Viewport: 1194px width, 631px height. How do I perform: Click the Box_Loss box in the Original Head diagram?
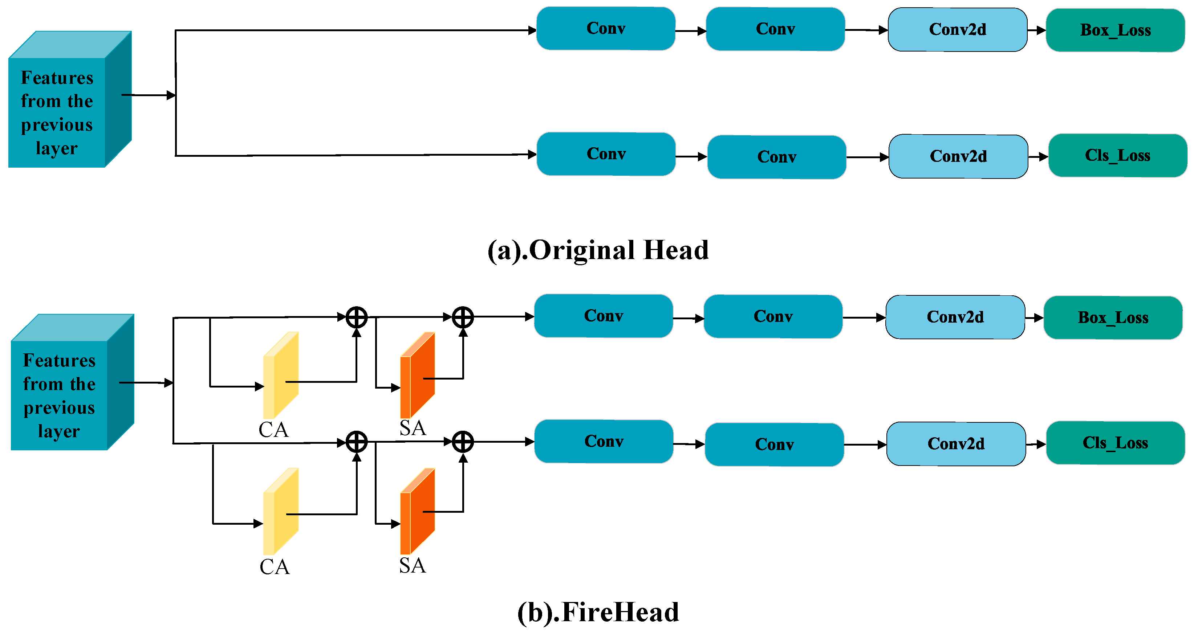(x=1115, y=30)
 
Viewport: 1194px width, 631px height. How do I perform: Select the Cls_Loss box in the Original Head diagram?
(x=1117, y=156)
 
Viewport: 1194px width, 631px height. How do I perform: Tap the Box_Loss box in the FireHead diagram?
(x=1113, y=318)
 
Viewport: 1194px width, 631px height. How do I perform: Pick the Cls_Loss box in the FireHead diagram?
(x=1115, y=443)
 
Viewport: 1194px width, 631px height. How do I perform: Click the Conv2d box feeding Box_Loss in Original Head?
(x=957, y=30)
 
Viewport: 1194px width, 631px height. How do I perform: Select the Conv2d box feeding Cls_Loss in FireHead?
(x=956, y=444)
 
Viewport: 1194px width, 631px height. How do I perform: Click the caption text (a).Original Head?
(x=598, y=250)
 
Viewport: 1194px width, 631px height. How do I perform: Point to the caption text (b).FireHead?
(x=598, y=612)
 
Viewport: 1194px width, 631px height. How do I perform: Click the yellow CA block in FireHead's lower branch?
(x=281, y=512)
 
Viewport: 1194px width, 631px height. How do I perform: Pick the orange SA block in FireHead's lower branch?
(x=417, y=512)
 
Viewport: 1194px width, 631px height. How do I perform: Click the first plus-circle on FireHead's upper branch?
(x=357, y=317)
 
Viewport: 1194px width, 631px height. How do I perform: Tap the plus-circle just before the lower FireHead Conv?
(x=463, y=442)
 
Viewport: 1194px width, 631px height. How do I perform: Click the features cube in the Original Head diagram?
(x=69, y=100)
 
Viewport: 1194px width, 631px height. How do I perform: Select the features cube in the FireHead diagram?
(x=72, y=382)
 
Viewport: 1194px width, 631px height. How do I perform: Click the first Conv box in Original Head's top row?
(x=605, y=29)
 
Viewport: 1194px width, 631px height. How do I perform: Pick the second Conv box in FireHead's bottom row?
(x=774, y=444)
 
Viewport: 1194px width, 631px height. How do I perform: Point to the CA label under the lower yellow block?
(x=275, y=567)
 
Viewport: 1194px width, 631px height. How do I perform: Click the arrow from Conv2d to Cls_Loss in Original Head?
(x=1038, y=157)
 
